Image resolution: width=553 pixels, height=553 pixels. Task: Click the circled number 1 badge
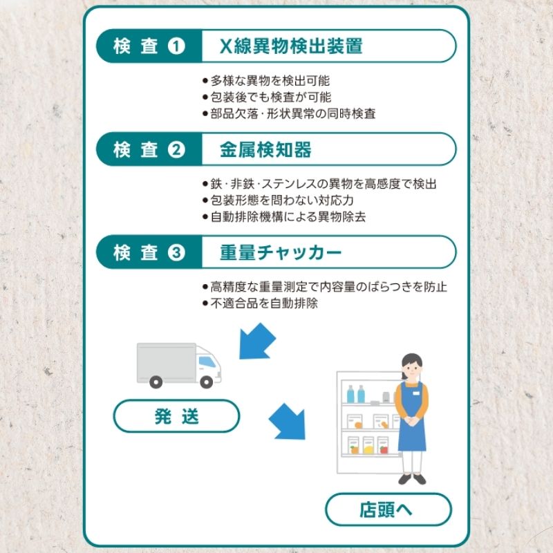coord(176,46)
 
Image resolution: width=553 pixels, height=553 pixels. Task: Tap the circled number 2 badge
coord(176,149)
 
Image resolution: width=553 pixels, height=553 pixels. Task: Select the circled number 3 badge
coord(176,252)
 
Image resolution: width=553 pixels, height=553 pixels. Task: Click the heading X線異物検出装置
coord(291,46)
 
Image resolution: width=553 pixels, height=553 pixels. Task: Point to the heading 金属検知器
coord(265,149)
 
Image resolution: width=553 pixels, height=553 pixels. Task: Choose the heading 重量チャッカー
coord(281,252)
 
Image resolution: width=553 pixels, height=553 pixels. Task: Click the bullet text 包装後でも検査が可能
coord(271,97)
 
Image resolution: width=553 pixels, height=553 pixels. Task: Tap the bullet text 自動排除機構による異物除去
coord(288,216)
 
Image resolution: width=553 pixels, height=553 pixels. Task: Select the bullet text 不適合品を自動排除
coord(264,303)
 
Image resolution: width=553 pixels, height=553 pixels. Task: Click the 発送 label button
coord(176,416)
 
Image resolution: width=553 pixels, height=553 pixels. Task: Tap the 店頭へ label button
coord(388,509)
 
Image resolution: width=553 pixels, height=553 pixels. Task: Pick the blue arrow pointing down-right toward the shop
coord(288,421)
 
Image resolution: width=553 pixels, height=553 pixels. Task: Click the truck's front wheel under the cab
coord(206,382)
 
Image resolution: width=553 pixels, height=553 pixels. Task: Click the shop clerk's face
coord(412,369)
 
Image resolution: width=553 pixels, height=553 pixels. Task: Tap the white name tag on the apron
coord(416,393)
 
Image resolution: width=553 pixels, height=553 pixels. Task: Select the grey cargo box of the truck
coord(166,362)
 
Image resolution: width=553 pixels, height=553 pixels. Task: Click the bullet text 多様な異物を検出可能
coord(270,81)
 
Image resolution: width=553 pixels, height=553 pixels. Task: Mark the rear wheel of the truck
coord(156,382)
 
